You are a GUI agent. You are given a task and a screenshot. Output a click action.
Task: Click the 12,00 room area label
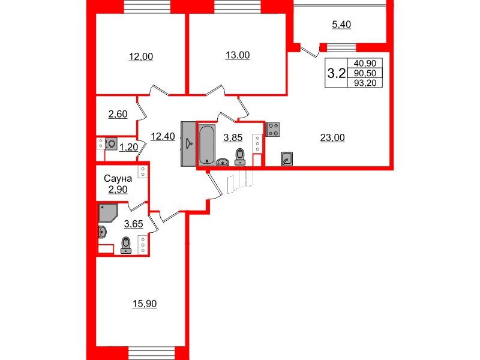click(x=141, y=57)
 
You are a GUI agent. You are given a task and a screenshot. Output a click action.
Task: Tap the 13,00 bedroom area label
click(x=238, y=55)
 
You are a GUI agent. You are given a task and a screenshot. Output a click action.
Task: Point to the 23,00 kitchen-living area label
click(x=332, y=137)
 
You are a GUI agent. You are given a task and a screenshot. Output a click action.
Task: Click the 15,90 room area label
click(x=144, y=304)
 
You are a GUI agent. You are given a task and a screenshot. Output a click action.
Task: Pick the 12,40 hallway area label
click(x=163, y=136)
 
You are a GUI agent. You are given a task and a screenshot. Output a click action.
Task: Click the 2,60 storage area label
click(x=117, y=114)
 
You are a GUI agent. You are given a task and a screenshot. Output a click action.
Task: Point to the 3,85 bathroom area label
click(x=233, y=137)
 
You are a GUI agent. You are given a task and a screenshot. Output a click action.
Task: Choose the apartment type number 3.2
click(x=336, y=73)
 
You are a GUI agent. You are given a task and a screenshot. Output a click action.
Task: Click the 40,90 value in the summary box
click(x=365, y=63)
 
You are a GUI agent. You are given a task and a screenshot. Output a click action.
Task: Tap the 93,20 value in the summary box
click(x=365, y=83)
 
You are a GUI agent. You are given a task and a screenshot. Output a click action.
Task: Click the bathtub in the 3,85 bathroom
click(x=206, y=144)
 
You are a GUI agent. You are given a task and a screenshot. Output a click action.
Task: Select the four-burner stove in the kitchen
click(x=274, y=129)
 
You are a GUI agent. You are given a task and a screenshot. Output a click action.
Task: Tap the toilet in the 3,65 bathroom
click(x=126, y=245)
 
